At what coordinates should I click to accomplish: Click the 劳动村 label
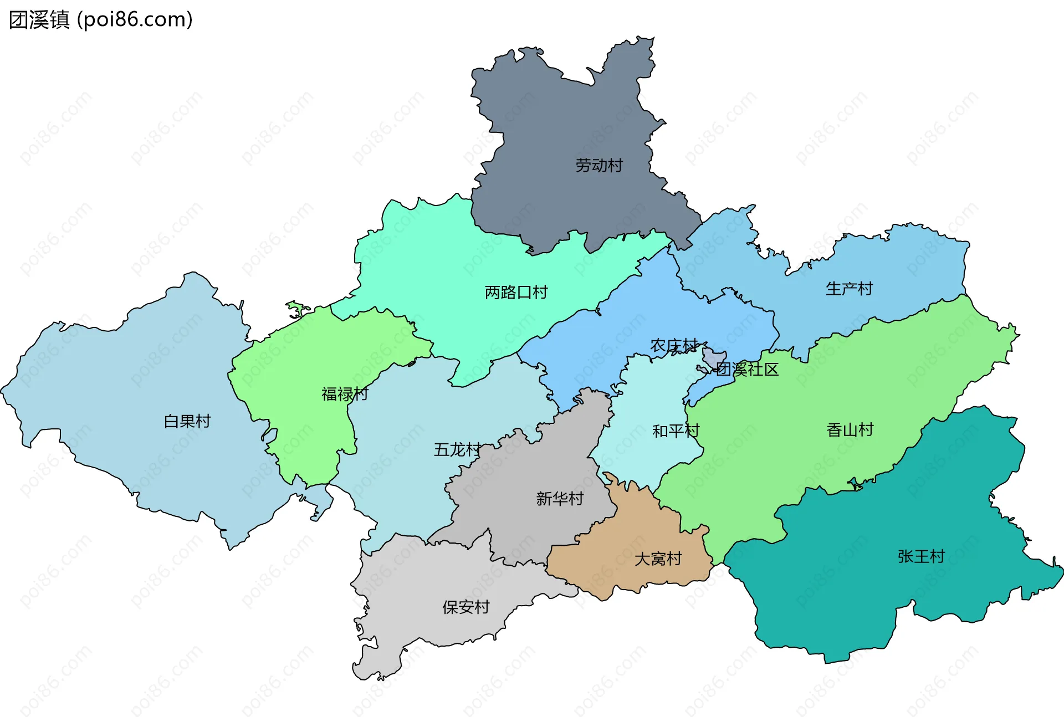[598, 165]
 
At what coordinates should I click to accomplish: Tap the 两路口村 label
[515, 292]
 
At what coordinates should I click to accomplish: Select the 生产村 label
[849, 289]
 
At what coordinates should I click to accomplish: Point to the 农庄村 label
[673, 346]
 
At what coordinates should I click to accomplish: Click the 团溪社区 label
[747, 370]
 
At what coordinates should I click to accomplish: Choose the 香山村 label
[850, 430]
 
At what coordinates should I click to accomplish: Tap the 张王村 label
[921, 556]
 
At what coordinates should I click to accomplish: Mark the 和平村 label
[676, 431]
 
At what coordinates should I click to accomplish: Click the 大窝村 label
[658, 559]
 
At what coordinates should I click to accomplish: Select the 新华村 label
[560, 499]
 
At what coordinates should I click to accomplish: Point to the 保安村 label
[465, 607]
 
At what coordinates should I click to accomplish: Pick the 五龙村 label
[457, 449]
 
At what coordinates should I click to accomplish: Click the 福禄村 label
[345, 394]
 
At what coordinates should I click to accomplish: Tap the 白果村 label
[187, 421]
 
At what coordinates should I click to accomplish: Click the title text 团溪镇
[39, 19]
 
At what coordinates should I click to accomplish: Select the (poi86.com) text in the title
[135, 19]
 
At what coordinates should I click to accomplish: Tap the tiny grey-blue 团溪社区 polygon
[712, 357]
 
